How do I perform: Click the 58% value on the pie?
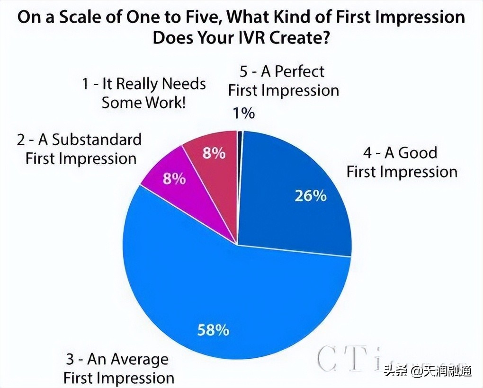coord(213,329)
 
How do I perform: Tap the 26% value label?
coord(310,195)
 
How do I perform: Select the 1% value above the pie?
coord(244,113)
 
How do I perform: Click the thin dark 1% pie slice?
coord(240,137)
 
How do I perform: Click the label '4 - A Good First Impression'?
coord(402,162)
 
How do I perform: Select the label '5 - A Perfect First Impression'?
coord(283,80)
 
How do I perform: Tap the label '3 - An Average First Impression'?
coord(118,369)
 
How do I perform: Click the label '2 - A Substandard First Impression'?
coord(80,149)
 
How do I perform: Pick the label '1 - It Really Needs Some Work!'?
coord(144,93)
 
